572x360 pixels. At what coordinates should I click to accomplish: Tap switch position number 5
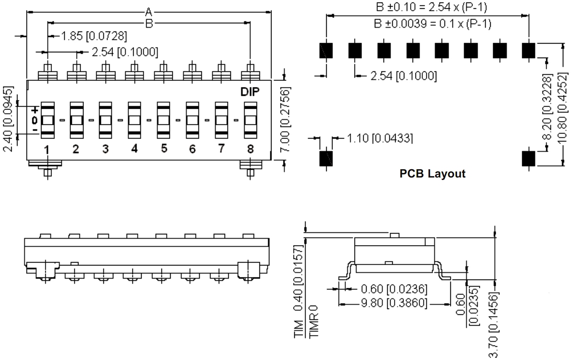coord(164,148)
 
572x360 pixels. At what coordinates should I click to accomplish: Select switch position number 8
coord(250,149)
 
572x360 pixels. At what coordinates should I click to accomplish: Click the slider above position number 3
coord(105,120)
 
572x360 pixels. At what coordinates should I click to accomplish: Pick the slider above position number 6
coord(192,120)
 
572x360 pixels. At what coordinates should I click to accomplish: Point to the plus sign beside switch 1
coord(35,110)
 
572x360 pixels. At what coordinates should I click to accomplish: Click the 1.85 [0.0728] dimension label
coord(94,36)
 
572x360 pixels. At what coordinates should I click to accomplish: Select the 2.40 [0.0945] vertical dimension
coord(9,119)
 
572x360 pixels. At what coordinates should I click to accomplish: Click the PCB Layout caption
coord(432,173)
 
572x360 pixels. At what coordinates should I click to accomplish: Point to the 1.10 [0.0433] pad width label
coord(379,138)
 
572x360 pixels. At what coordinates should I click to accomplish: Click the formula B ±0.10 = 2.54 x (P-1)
coord(431,7)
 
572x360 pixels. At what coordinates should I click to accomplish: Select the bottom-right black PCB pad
coord(528,158)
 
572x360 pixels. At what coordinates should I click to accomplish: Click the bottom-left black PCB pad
coord(326,158)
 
